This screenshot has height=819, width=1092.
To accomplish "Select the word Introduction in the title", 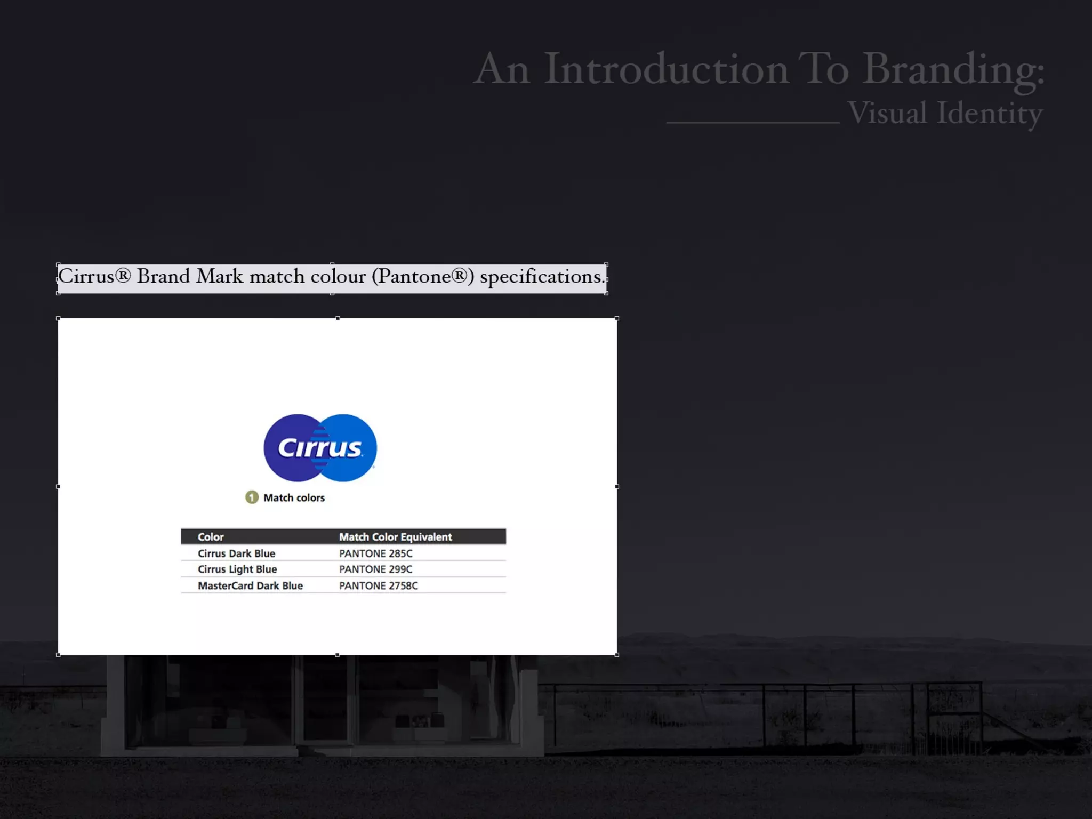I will (x=666, y=69).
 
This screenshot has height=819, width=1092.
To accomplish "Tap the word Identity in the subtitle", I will (x=990, y=114).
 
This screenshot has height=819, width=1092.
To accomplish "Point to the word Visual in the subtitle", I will (x=887, y=114).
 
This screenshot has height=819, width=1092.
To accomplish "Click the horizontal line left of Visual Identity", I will (x=752, y=123).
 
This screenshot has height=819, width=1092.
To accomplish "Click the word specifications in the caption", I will (x=542, y=277).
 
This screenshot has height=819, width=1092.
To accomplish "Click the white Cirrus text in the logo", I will (x=319, y=448).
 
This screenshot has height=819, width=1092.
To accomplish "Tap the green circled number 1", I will (x=252, y=497).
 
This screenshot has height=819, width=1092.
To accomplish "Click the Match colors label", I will (x=294, y=498).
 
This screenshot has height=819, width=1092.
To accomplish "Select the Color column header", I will (x=211, y=537).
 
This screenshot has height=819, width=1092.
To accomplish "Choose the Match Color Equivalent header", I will (x=395, y=537).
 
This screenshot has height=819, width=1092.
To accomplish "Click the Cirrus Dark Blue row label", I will (x=236, y=553).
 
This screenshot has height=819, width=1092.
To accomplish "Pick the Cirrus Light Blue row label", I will (x=237, y=569).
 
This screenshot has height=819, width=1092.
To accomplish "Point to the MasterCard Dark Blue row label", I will (x=250, y=585).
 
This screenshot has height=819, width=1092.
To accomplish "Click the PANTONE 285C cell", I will (x=375, y=553).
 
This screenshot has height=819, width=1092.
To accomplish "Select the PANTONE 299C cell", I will (x=375, y=569).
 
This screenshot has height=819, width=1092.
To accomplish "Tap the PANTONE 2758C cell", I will (x=378, y=585).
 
